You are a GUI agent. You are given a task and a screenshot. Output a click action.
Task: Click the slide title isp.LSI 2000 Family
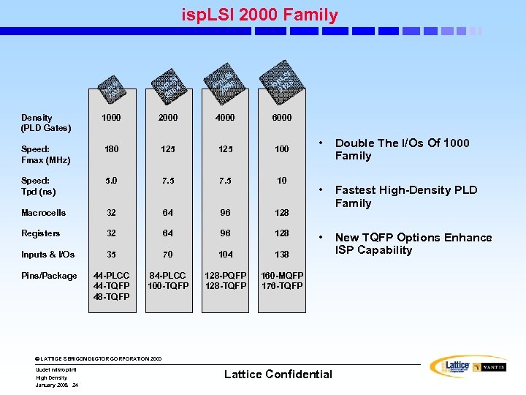(x=260, y=15)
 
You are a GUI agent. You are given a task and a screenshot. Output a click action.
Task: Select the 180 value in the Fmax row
(x=111, y=149)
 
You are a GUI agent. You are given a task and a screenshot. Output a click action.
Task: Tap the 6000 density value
(x=281, y=118)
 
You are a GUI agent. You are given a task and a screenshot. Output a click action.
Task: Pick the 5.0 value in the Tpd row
(x=111, y=181)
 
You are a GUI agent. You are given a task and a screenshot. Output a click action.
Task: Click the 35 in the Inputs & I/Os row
(x=111, y=255)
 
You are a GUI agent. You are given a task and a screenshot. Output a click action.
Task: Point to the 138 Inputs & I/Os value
(x=281, y=255)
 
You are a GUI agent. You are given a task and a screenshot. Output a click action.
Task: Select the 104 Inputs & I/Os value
(x=226, y=255)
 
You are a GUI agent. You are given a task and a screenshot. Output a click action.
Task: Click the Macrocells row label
(x=43, y=213)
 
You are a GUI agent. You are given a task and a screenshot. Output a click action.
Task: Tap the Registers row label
(x=41, y=233)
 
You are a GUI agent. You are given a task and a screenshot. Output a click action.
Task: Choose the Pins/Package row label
(x=49, y=276)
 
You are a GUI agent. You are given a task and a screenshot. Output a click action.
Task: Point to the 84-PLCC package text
(x=168, y=276)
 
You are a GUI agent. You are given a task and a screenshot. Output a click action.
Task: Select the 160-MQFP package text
(x=282, y=276)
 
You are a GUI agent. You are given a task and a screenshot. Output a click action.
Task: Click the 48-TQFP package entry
(x=111, y=297)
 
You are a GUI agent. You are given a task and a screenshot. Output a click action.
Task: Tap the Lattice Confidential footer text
(x=278, y=375)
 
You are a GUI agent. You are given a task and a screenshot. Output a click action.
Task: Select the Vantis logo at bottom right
(x=489, y=367)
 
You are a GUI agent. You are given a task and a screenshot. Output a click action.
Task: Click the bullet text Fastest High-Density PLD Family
(x=405, y=197)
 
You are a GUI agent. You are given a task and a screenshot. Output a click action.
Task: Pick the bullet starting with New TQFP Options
(x=413, y=244)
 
